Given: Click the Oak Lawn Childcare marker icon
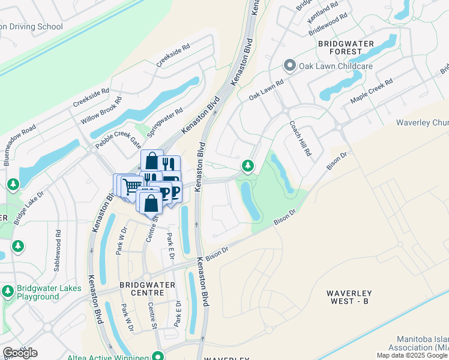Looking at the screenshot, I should click(x=290, y=65).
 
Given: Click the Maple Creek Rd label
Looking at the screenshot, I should click(x=372, y=91).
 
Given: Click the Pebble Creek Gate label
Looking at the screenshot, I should click(x=118, y=140).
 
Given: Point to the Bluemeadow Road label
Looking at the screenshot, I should click(x=20, y=145).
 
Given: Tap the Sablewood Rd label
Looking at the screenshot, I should click(x=58, y=249).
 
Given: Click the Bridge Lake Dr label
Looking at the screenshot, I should click(x=29, y=208).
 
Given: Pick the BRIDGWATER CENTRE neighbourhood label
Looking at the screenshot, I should click(x=147, y=288).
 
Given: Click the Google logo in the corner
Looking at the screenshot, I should click(x=20, y=353).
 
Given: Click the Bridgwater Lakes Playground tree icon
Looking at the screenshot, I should click(x=8, y=291).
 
